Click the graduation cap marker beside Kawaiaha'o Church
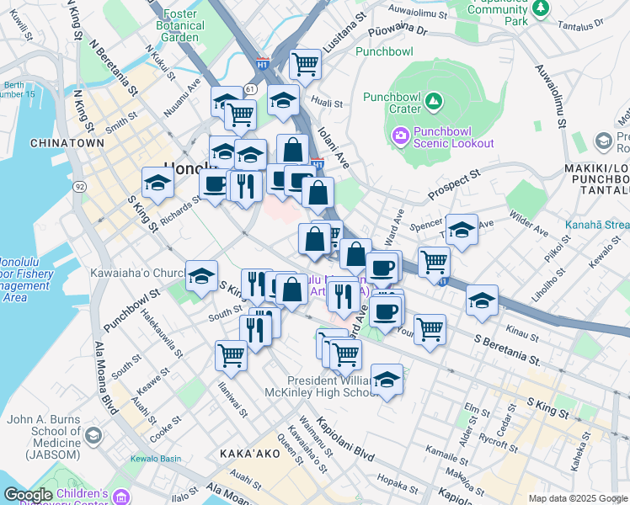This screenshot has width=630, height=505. [201, 276]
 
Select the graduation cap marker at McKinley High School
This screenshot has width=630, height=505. [387, 379]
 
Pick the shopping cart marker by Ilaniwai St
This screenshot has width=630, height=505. [230, 354]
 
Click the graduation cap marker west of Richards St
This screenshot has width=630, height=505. [157, 182]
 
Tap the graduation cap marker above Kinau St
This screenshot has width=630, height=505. [482, 300]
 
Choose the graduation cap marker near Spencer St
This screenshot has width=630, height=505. [462, 230]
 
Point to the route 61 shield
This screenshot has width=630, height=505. [251, 88]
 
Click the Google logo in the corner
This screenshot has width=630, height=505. [29, 495]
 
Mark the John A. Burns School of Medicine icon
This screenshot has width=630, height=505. [93, 435]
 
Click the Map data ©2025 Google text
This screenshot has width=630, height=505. [577, 498]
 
